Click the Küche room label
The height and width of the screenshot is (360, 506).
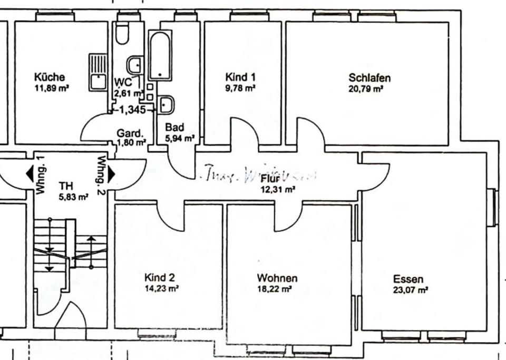[x=50, y=77]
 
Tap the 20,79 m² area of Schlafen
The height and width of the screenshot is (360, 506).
[x=365, y=89]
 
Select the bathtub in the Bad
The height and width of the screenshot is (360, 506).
[x=159, y=55]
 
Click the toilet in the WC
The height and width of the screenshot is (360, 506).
[x=122, y=34]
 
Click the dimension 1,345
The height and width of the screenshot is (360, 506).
[x=132, y=110]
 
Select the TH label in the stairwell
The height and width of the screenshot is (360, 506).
[x=66, y=186]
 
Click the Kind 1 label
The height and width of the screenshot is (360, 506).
[x=240, y=77]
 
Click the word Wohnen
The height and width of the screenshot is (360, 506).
[x=277, y=278]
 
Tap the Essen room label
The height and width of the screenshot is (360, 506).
[x=408, y=279]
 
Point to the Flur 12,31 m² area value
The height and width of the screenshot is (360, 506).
[x=278, y=190]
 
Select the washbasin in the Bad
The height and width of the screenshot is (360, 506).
[x=167, y=104]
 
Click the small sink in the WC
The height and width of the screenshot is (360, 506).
[x=134, y=65]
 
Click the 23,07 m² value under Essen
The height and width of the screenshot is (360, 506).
[x=410, y=290]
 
